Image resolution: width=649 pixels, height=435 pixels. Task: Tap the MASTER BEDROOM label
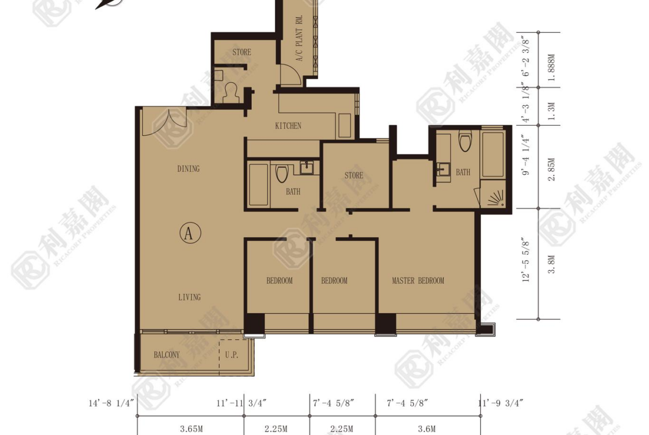[418, 281]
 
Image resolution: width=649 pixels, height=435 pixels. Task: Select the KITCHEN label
[288, 126]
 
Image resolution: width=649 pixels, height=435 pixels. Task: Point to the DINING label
[189, 168]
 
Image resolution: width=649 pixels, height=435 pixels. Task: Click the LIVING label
[190, 297]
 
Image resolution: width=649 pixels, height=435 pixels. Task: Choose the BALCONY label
[167, 355]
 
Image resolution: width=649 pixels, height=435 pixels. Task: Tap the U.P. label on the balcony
[232, 355]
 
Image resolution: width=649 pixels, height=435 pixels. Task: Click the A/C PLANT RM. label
[300, 38]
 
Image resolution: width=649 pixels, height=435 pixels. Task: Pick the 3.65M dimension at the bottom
[191, 429]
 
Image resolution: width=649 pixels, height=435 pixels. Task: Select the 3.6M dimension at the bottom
[427, 429]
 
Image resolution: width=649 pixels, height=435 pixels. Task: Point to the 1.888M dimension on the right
[551, 68]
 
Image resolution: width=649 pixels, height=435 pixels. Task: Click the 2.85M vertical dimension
[551, 170]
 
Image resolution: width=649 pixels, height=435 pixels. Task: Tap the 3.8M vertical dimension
[551, 265]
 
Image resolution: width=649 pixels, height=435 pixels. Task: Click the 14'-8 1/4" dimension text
[111, 403]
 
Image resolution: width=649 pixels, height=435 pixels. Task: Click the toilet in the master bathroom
[465, 141]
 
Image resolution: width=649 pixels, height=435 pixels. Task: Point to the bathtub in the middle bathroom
[258, 185]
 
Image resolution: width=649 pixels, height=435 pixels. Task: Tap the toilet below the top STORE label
[231, 92]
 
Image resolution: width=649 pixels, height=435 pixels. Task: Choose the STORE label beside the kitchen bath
[354, 175]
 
